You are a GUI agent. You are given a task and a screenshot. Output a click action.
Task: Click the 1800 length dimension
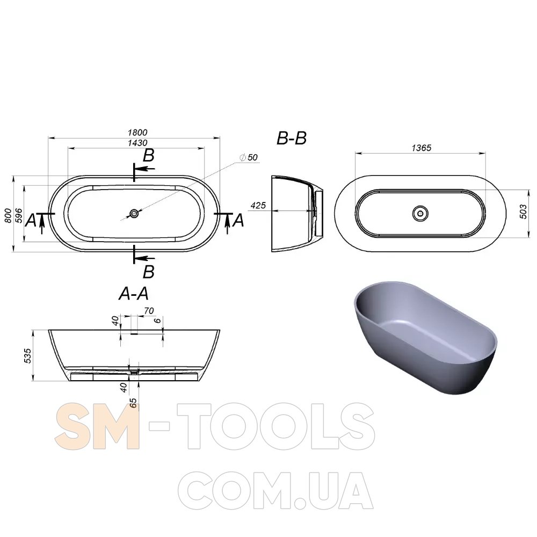point(137,133)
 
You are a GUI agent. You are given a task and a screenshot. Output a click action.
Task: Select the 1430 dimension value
point(137,143)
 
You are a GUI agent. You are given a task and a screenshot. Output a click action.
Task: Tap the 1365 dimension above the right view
point(421,148)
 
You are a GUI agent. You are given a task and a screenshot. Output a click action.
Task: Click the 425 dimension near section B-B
point(258,206)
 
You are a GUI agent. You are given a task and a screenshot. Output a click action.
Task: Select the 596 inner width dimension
point(19,216)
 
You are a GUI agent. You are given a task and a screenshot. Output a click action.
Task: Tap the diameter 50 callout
point(249,157)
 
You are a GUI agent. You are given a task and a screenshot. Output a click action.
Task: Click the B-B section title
point(292,139)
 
